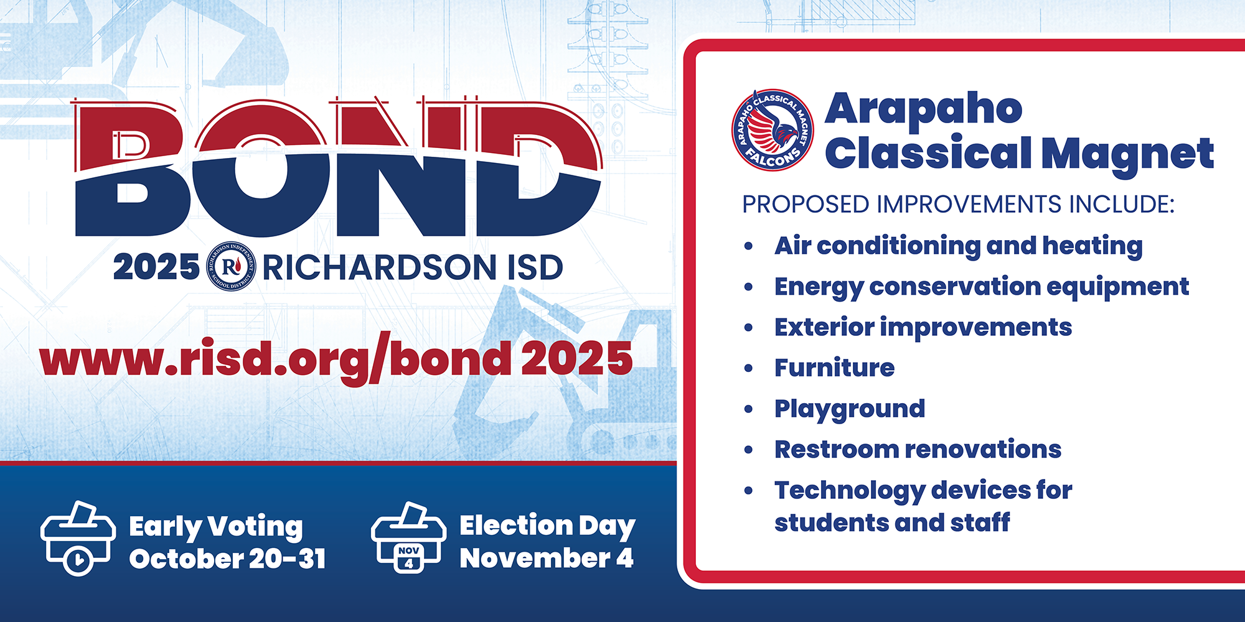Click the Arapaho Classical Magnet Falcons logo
[x=773, y=129]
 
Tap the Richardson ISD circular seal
[x=231, y=266]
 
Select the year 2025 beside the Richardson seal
[x=156, y=267]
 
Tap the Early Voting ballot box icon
[x=78, y=538]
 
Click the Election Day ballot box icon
[x=408, y=537]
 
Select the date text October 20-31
[x=227, y=559]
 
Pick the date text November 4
[x=547, y=558]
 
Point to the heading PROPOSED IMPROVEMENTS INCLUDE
[x=958, y=205]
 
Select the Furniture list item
[x=834, y=368]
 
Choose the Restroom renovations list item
[x=918, y=449]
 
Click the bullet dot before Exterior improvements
[x=748, y=328]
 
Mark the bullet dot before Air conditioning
[x=748, y=246]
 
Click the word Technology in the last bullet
[x=849, y=491]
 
